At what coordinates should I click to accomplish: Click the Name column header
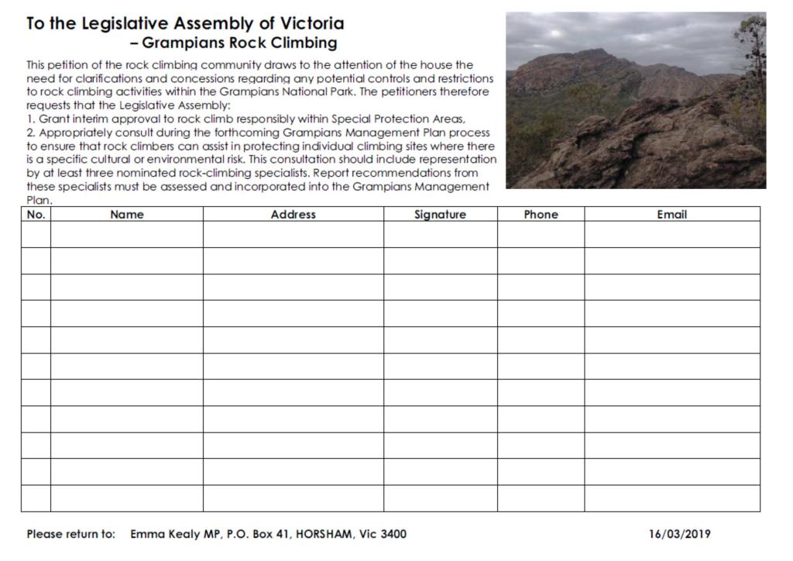pos(127,215)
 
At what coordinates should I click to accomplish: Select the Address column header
pos(293,215)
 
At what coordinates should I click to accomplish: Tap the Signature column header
pos(440,215)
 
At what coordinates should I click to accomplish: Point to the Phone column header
pos(541,215)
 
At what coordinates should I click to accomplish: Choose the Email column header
pos(671,215)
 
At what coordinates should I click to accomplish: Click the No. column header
pos(36,215)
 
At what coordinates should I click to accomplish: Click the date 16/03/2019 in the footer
pos(679,534)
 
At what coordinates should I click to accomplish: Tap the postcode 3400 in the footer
pos(392,534)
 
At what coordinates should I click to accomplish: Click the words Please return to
pos(70,534)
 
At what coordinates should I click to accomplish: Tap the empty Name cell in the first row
pos(127,235)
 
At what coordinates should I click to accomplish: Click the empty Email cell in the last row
pos(671,498)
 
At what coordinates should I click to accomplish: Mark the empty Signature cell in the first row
pos(440,235)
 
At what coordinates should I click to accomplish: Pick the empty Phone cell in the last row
pos(541,498)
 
